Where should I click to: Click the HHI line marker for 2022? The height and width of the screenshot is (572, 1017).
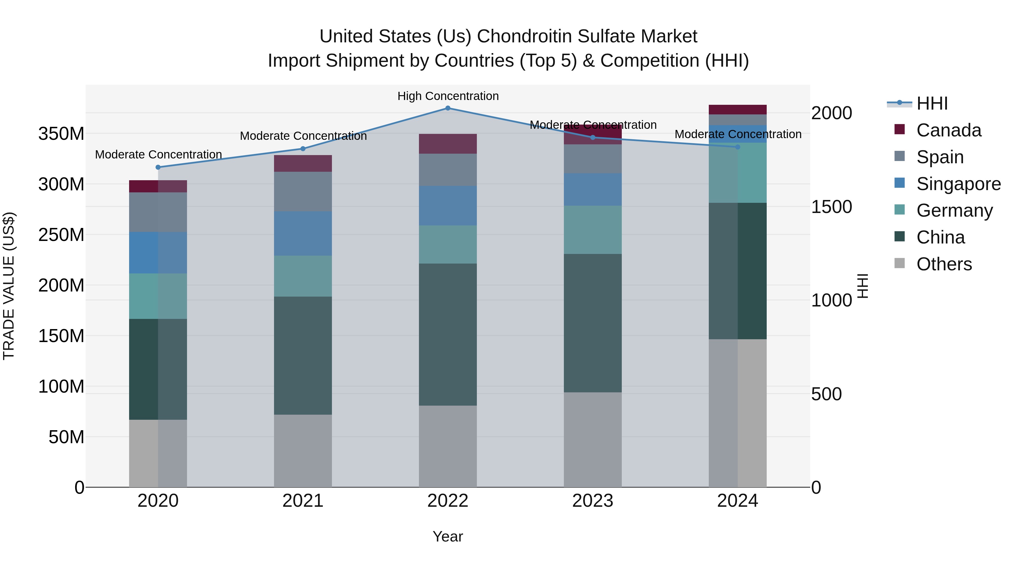[448, 108]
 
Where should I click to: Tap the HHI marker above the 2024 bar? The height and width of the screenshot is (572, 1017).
[738, 147]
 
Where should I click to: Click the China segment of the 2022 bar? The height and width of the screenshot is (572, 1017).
[448, 334]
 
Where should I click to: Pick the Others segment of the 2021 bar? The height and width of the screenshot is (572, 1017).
[303, 451]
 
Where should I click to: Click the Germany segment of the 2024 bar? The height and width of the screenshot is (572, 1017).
[738, 173]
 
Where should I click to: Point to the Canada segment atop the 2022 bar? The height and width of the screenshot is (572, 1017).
[448, 144]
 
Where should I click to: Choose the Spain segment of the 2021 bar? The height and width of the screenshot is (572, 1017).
[303, 192]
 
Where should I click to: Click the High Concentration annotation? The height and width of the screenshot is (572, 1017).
[448, 96]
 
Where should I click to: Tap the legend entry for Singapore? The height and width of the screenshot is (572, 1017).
[958, 184]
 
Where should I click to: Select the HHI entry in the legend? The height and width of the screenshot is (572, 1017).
[932, 103]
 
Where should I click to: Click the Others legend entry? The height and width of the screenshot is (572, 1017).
[944, 264]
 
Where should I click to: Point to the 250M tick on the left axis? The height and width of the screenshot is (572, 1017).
[61, 235]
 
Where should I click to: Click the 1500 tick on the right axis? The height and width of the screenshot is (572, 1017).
[831, 207]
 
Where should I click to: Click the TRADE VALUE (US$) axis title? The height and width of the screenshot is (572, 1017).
[9, 286]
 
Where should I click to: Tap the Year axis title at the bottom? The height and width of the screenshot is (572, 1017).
[448, 536]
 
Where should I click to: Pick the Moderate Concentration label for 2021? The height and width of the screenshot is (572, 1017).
[303, 136]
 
